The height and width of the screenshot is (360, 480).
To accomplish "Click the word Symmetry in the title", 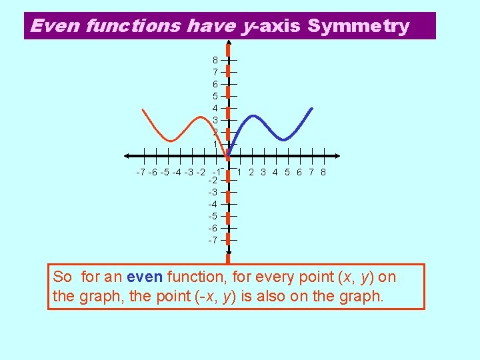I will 359,26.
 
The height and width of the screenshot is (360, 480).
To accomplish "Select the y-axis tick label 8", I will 215,60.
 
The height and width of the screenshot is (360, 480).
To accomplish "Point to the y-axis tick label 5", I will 215,96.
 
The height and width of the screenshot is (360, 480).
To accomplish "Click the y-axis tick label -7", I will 213,240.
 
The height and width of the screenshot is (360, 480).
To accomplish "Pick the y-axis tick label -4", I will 213,204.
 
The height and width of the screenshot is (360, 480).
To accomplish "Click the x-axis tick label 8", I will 323,172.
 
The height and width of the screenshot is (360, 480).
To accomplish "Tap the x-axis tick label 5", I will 287,172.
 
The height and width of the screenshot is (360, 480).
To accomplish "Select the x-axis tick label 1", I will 239,172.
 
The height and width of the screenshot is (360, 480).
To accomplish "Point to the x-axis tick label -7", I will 140,173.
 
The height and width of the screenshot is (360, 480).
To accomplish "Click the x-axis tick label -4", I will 177,173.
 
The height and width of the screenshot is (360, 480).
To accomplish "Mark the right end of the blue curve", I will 311,108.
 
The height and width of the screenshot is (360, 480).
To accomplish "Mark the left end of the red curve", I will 143,109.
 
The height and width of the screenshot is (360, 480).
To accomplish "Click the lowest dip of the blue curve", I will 283,140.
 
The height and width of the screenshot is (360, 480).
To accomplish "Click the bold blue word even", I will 145,277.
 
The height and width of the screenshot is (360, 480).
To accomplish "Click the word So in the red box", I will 62,277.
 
